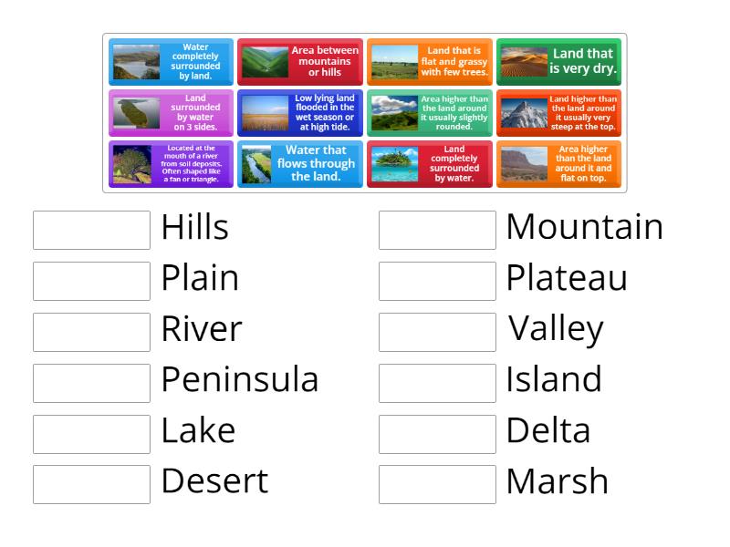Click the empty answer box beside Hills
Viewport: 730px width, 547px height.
point(91,230)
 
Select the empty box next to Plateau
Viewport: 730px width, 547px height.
point(437,281)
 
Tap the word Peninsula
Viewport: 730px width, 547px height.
point(240,379)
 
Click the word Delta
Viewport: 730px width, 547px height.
point(547,430)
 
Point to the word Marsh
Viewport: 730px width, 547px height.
point(557,481)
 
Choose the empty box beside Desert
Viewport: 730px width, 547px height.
point(91,484)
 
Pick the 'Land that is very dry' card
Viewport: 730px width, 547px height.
point(558,61)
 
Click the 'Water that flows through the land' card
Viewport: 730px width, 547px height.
point(299,164)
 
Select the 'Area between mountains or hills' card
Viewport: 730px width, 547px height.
point(299,61)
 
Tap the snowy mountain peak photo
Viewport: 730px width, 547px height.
point(523,113)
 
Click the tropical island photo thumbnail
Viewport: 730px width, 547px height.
point(393,164)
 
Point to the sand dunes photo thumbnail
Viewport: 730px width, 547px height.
point(523,62)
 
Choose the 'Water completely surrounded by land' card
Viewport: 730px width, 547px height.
point(171,61)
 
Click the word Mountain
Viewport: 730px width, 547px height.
point(584,227)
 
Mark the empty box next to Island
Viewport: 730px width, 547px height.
point(437,383)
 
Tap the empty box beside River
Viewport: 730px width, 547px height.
point(91,332)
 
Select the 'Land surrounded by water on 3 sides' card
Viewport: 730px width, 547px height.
point(171,113)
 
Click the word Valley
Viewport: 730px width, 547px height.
point(556,329)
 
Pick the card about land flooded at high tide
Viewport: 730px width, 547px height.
point(299,113)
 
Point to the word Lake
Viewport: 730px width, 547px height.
point(198,430)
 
